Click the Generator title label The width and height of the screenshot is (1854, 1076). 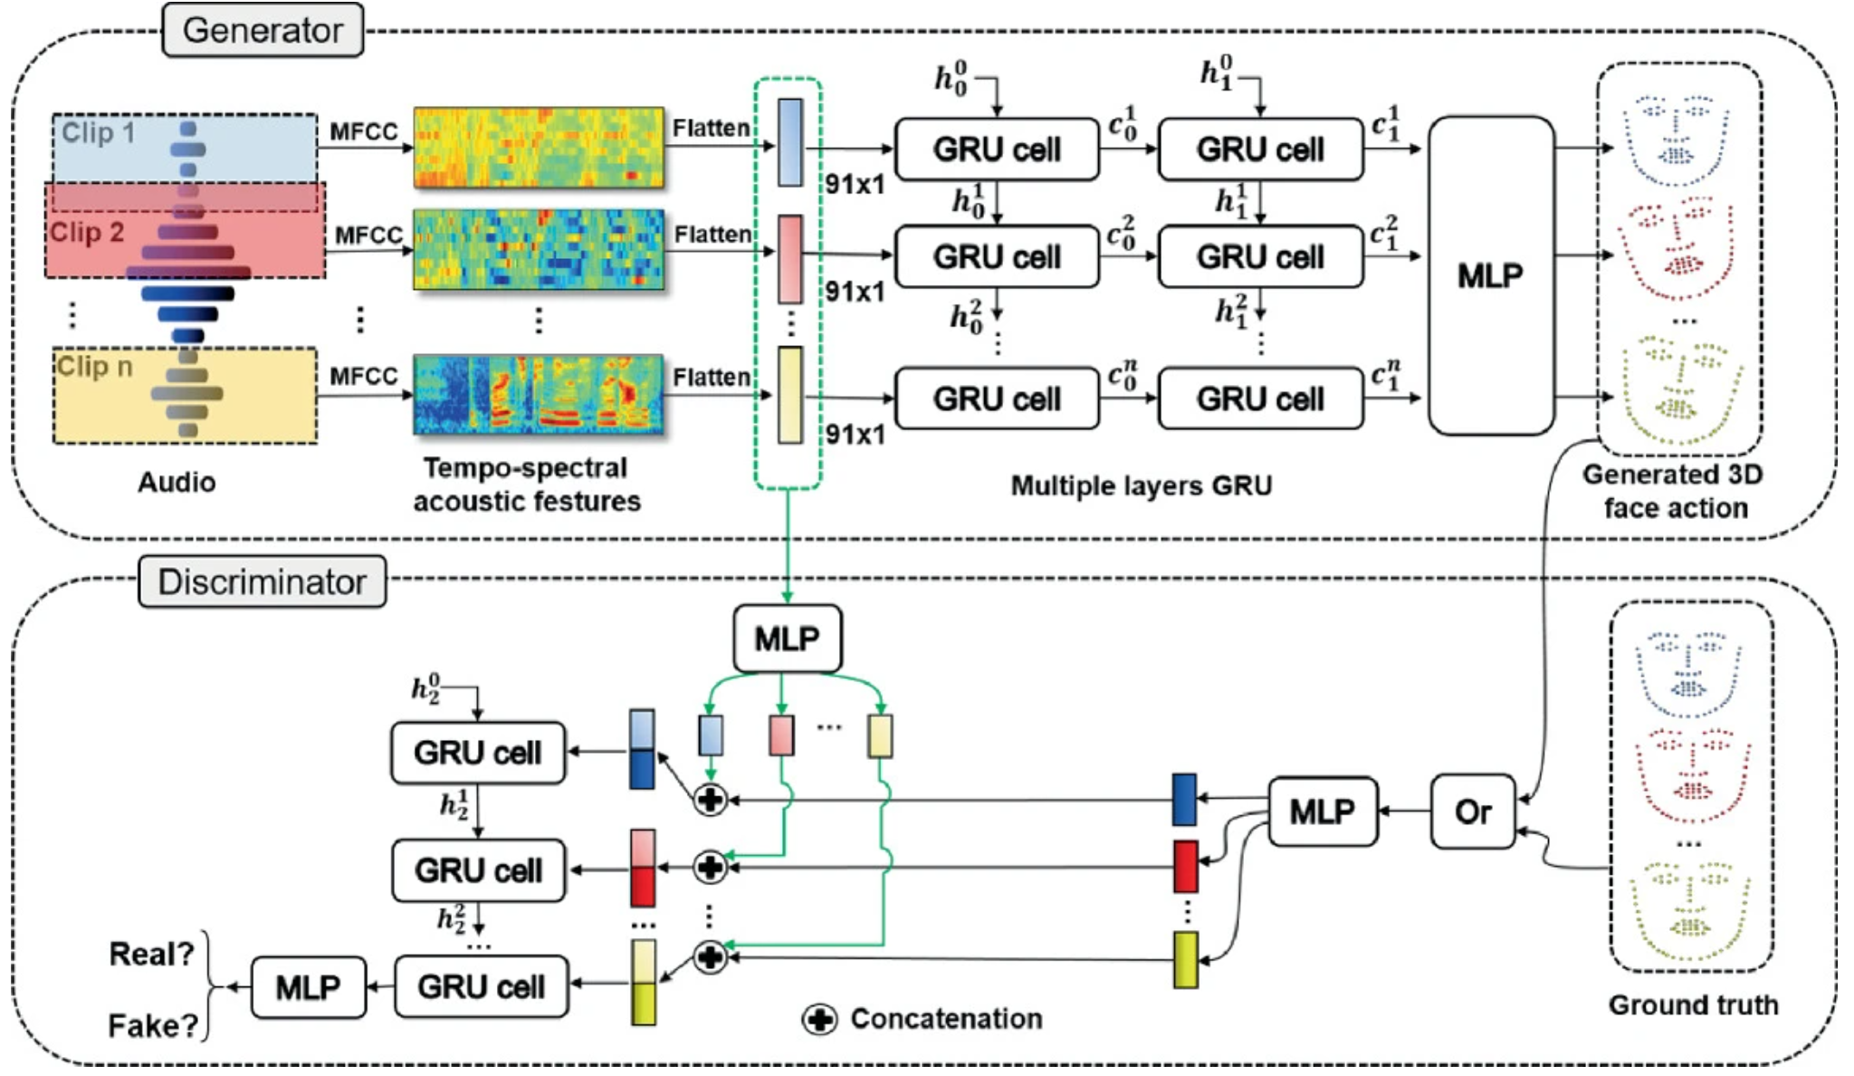click(x=263, y=31)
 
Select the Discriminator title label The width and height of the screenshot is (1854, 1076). click(x=262, y=581)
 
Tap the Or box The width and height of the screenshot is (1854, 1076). click(x=1472, y=812)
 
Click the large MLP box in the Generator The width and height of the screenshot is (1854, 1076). click(x=1490, y=275)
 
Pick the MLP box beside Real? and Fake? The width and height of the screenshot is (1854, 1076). click(x=308, y=987)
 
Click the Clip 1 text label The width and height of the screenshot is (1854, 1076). click(x=98, y=133)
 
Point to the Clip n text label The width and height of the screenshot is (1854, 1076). click(x=94, y=367)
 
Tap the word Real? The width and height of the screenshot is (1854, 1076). click(x=151, y=954)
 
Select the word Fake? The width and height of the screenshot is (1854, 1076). click(x=153, y=1025)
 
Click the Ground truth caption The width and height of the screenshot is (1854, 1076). click(x=1693, y=1004)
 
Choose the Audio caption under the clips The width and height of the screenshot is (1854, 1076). click(x=177, y=482)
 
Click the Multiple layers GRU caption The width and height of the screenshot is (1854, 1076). click(x=1141, y=486)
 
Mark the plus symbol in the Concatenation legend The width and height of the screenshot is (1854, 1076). click(x=819, y=1020)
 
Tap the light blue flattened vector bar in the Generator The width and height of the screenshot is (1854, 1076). click(x=790, y=142)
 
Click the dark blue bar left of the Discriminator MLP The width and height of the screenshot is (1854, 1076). click(x=1184, y=800)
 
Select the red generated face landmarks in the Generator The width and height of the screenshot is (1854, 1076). click(x=1677, y=250)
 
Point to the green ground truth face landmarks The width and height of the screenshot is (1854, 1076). click(x=1689, y=910)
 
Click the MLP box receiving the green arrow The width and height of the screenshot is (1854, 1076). click(x=787, y=639)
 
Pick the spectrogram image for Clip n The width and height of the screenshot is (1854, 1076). click(x=539, y=394)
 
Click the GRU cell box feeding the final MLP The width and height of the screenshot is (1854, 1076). click(x=481, y=987)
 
